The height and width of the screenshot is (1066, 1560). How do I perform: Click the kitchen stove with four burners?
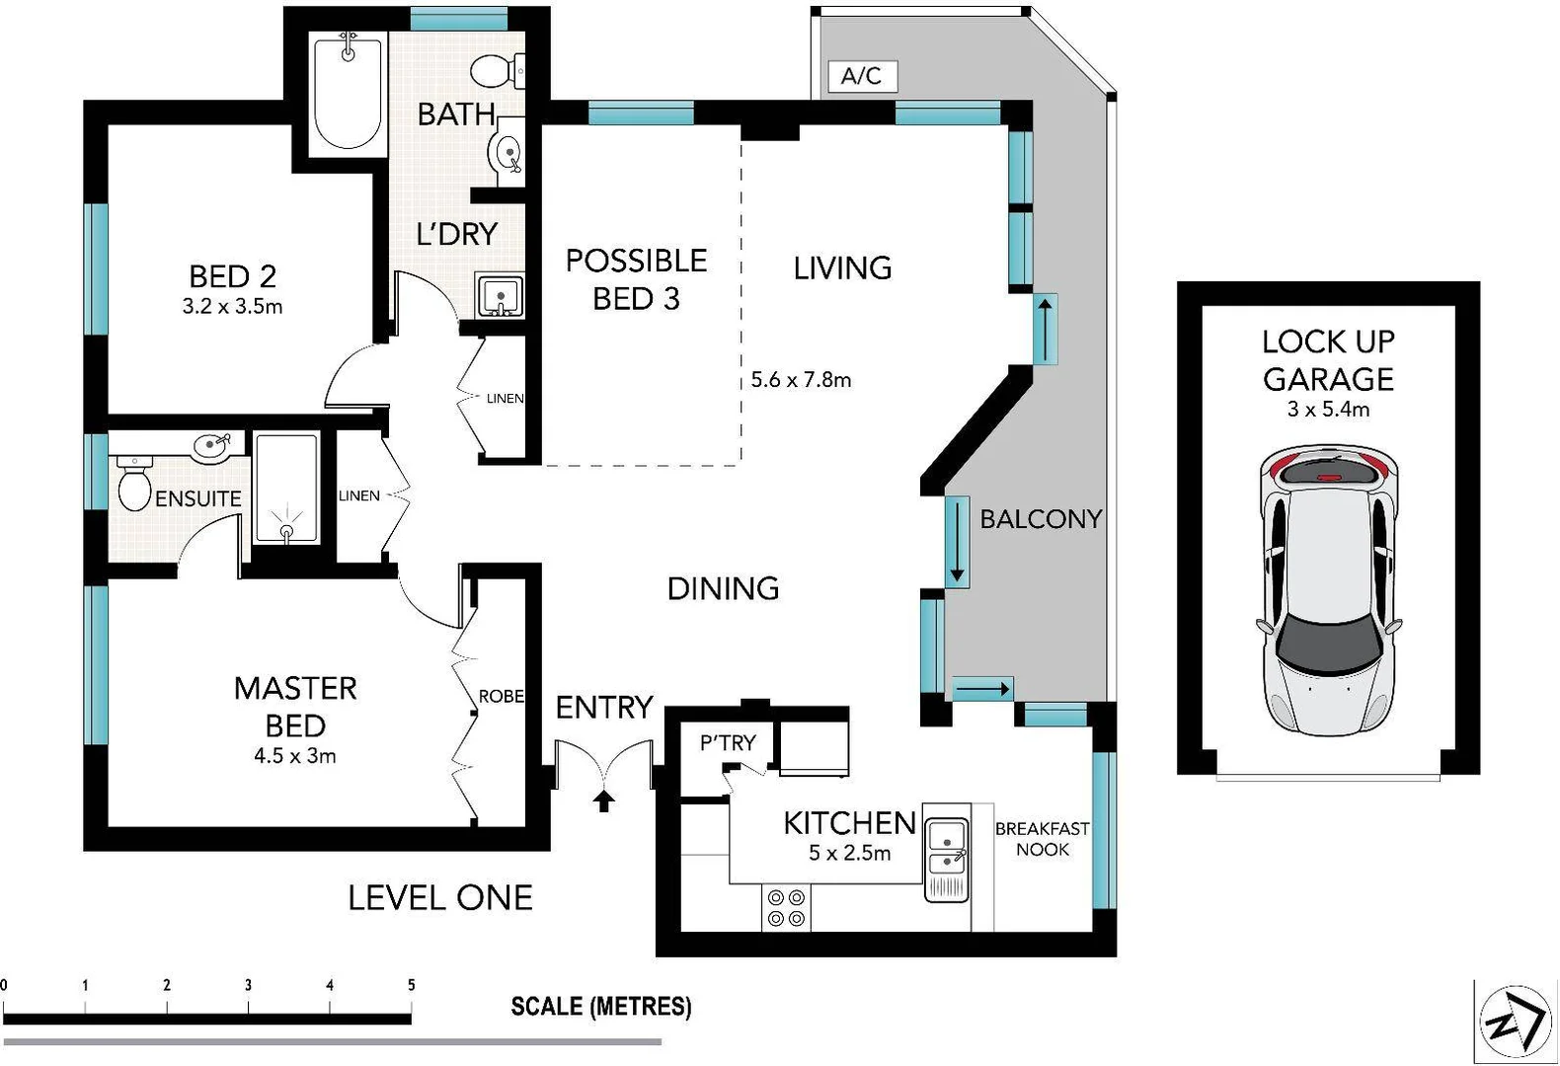tap(786, 908)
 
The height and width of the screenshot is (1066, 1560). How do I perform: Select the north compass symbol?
tap(1516, 1021)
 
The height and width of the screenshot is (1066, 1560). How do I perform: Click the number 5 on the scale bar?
tap(411, 985)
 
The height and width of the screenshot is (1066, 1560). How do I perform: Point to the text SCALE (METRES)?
tap(600, 1007)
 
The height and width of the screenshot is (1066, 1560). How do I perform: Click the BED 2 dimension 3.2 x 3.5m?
tap(232, 307)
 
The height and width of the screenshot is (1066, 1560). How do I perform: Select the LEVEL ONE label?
tap(440, 897)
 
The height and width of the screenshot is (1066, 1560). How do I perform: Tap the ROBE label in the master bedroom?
tap(501, 697)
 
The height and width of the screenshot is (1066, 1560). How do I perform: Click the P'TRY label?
tap(728, 743)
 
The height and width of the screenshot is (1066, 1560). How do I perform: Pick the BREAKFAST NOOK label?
tap(1042, 839)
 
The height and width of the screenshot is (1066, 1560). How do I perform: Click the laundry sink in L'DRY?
tap(500, 295)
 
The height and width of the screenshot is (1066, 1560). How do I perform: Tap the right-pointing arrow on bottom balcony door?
tap(983, 688)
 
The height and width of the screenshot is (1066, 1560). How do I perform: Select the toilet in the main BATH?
tap(494, 70)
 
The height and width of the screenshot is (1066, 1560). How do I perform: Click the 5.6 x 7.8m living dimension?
tap(801, 380)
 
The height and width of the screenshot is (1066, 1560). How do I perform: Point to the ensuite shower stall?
tap(286, 489)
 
